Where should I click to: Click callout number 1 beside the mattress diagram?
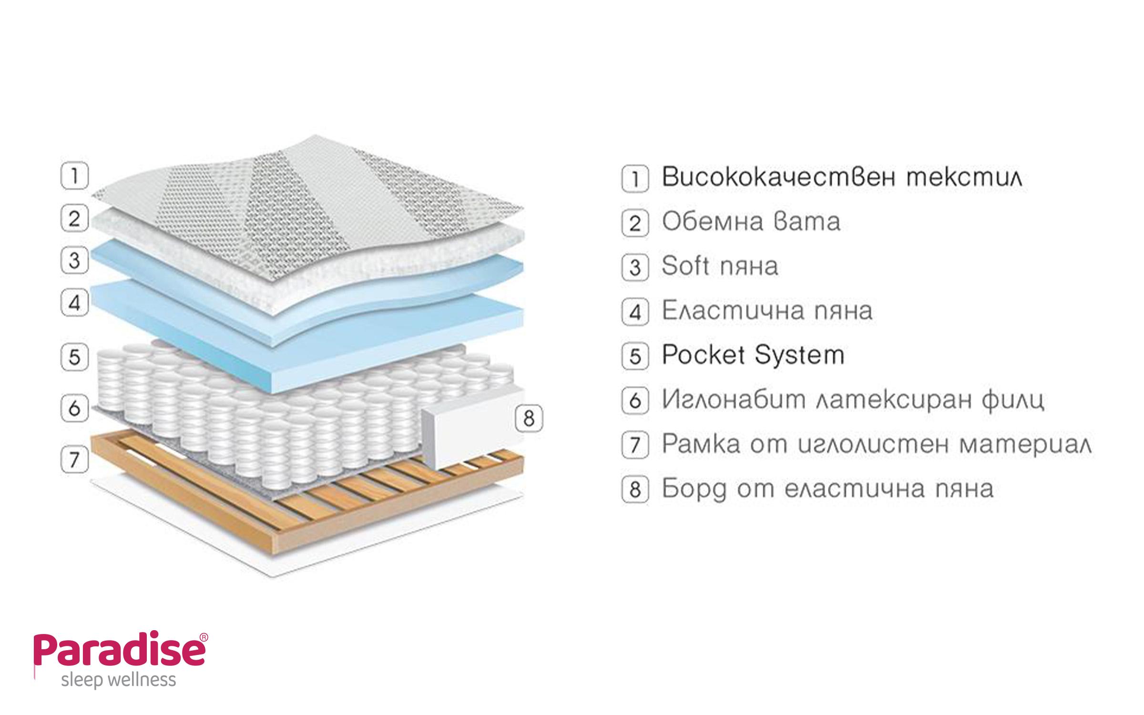tap(75, 176)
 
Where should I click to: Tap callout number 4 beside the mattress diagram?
tap(75, 303)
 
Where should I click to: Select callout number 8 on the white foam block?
tap(529, 419)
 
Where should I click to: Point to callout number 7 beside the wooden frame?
tap(75, 460)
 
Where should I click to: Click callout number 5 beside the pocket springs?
tap(75, 357)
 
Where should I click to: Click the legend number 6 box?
tap(635, 400)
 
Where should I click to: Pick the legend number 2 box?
tap(635, 223)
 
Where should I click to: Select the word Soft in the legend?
tap(685, 266)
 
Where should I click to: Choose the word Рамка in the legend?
tap(701, 444)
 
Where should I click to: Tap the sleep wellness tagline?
tap(119, 680)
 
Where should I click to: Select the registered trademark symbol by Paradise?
tap(204, 637)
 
